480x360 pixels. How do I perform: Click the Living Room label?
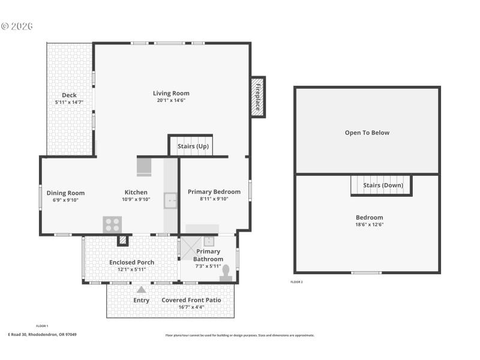coord(171,93)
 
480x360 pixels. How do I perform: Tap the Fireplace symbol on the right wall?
coord(258,97)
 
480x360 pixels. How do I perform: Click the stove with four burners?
coord(112,224)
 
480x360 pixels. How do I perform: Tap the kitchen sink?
coord(171,200)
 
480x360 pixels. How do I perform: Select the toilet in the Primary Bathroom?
coord(227,274)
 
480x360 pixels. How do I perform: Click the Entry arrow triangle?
coord(142,290)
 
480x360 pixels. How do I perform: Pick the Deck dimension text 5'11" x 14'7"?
coord(69,103)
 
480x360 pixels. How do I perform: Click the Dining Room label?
coord(65,193)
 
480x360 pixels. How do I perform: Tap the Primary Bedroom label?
coord(214,192)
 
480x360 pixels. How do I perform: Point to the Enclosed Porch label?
coord(131,262)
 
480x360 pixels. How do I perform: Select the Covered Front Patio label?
coord(191,299)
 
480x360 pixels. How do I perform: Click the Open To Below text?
coord(367,133)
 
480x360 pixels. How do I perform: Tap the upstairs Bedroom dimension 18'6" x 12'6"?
coord(369,224)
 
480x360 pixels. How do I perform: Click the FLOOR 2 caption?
coord(296,281)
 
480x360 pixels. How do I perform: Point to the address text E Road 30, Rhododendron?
coord(42,335)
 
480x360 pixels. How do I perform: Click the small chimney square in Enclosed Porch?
coord(123,241)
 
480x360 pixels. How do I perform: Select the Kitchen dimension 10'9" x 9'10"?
coord(136,200)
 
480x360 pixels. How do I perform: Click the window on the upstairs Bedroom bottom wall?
coord(366,273)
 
